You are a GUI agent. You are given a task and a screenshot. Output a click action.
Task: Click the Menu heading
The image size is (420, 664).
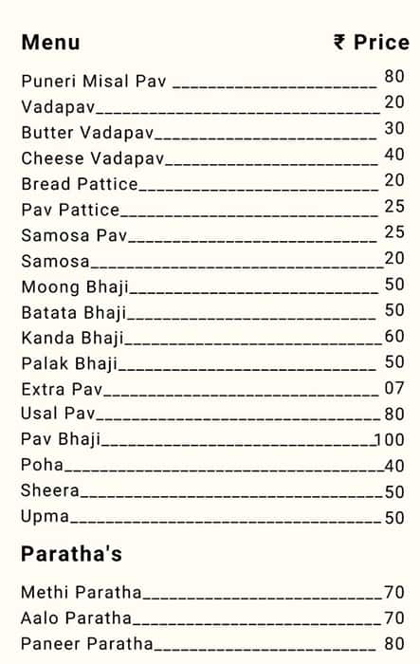click(50, 43)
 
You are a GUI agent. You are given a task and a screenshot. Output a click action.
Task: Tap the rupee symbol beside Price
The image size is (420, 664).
click(339, 43)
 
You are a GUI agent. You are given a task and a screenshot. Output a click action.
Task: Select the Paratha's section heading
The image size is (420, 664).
click(71, 554)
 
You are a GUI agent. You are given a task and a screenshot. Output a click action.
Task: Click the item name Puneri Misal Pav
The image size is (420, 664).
click(94, 82)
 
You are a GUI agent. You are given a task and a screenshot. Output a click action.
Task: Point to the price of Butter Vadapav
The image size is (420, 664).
click(394, 128)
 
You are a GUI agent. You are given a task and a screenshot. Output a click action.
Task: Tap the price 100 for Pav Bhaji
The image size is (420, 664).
click(389, 439)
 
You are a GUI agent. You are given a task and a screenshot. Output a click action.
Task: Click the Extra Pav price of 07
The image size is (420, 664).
click(394, 387)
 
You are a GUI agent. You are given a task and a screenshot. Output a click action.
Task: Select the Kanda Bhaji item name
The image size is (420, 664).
click(72, 338)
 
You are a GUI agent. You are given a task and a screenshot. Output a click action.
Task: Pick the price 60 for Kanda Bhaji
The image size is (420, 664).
click(394, 336)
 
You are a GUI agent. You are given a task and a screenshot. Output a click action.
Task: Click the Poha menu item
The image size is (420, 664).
click(43, 465)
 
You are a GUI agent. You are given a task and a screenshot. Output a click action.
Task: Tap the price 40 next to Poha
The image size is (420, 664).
click(394, 466)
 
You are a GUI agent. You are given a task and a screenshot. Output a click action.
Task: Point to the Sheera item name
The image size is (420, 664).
click(50, 491)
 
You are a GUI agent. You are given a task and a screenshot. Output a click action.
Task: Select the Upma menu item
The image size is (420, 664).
click(46, 517)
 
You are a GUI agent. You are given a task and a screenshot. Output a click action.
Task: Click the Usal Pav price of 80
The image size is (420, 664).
click(394, 414)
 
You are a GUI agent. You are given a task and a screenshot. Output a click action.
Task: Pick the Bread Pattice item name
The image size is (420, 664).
click(80, 184)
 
